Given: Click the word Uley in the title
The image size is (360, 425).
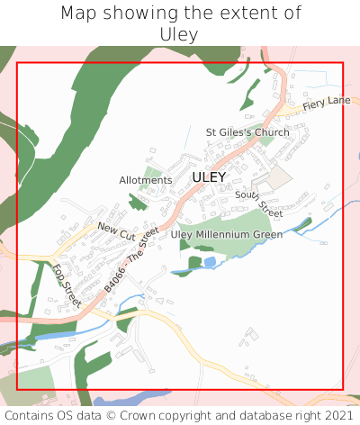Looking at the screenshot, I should point(180,33).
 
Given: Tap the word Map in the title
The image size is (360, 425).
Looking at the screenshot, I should point(79,14).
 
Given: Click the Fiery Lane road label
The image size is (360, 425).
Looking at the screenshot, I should point(326,104).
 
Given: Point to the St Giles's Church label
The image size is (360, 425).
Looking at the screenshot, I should point(247,132).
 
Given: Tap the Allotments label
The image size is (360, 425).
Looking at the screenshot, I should point(145,180).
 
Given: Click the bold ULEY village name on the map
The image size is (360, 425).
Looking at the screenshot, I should point(209,177).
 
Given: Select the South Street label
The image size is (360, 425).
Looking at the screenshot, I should point(258,203).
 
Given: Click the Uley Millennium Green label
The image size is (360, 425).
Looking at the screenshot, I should point(227,234).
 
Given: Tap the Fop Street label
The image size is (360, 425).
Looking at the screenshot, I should point(67,285).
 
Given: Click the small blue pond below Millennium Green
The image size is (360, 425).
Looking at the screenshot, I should point(210,262).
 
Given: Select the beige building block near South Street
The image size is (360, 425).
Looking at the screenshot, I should point(280,176).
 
